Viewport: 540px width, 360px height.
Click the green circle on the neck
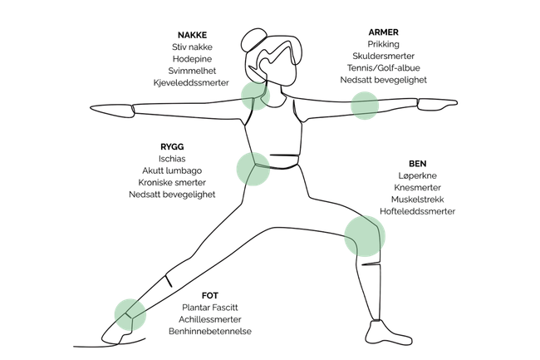point(254,95)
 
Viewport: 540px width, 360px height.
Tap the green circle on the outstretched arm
point(364,106)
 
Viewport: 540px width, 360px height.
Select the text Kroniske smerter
point(173,181)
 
